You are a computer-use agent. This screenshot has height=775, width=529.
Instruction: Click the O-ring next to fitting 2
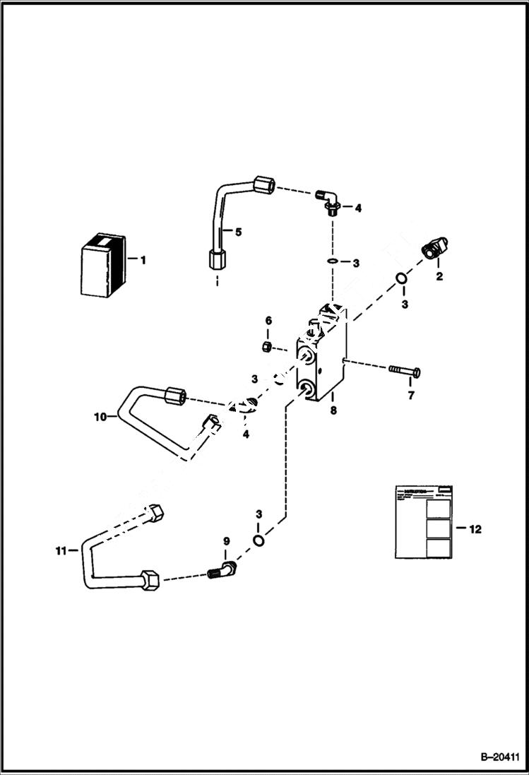400,278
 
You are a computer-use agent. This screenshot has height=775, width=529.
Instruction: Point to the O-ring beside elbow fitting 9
258,540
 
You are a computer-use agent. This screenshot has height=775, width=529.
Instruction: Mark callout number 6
268,321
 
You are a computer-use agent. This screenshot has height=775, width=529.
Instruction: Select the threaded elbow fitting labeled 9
222,569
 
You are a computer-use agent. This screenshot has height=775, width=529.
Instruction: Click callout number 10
100,417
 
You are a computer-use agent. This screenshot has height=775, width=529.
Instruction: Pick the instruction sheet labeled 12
423,521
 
